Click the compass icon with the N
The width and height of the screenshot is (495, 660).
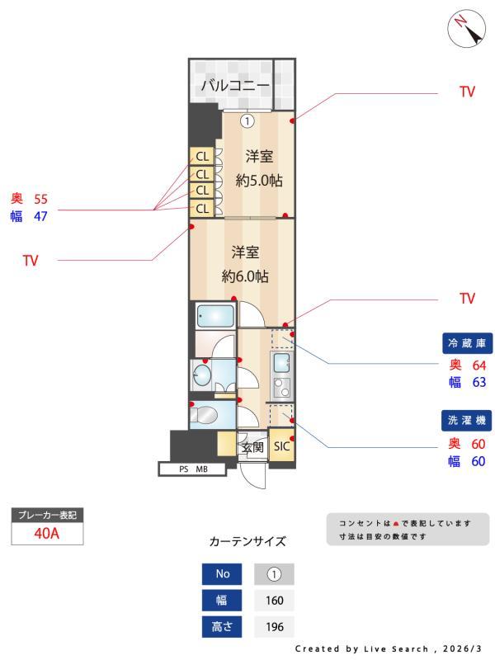[x=466, y=29]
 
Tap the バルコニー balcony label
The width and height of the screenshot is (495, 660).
[x=235, y=86]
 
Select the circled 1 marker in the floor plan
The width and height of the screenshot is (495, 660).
[x=247, y=121]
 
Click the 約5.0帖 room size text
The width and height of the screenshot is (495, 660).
[x=259, y=181]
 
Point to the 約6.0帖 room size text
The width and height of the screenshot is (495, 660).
[x=245, y=276]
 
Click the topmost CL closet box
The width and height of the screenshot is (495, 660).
[x=202, y=157]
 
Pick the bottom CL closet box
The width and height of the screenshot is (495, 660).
[x=202, y=208]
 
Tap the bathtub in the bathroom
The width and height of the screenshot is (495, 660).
[x=215, y=316]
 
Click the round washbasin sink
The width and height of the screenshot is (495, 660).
[x=201, y=375]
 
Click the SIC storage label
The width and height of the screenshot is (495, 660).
[x=281, y=446]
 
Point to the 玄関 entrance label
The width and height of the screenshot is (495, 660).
[x=252, y=447]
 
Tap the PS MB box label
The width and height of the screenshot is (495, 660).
[x=193, y=469]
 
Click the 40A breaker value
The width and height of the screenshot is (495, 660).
[x=47, y=533]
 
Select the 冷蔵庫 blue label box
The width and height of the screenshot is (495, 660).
[x=467, y=343]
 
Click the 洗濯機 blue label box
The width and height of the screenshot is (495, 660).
[x=466, y=420]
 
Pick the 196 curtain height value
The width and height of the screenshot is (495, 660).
[x=275, y=627]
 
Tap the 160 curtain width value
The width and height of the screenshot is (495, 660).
[x=275, y=601]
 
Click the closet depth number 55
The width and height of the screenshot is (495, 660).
[x=40, y=199]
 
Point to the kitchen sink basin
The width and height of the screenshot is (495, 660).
[x=281, y=361]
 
